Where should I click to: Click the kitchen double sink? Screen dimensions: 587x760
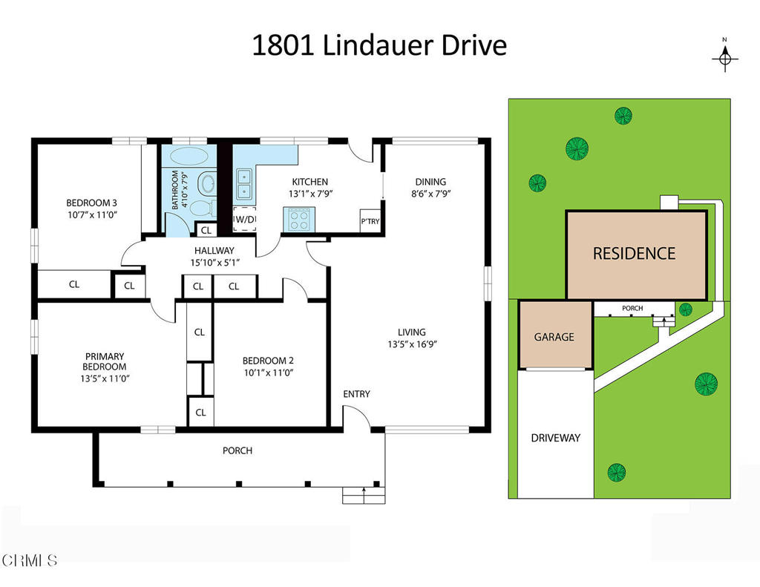coord(244,186)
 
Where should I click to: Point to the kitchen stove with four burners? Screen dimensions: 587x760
coord(299,220)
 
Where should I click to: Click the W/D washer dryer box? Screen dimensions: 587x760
coord(245,220)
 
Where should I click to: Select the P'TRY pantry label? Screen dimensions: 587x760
coord(370,221)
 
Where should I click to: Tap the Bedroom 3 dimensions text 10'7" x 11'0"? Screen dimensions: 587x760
coord(92,215)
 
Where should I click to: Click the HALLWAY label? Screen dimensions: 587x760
coord(214,251)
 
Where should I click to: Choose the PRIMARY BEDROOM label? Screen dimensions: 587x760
coord(105,361)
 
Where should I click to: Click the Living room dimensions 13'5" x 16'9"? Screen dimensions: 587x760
coord(411,344)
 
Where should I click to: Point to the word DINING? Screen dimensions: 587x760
coord(430,182)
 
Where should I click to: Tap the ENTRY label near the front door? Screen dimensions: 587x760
coord(356,394)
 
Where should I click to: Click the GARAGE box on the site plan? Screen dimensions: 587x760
coord(554,336)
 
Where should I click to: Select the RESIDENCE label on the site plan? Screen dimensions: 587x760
coord(634,253)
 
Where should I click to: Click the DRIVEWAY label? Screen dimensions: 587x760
coord(555,438)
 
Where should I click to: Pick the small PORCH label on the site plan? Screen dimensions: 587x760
coord(632,308)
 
